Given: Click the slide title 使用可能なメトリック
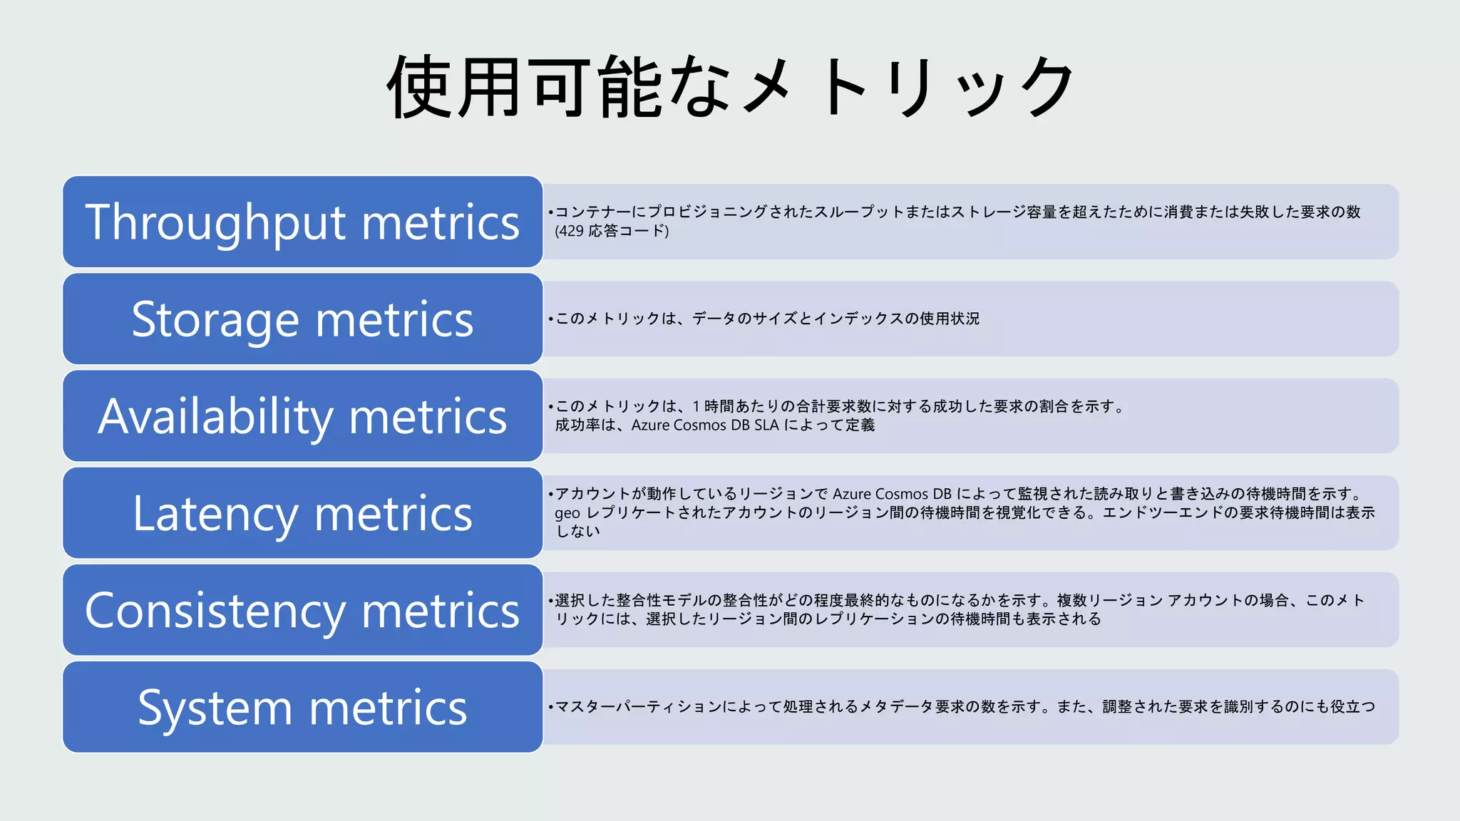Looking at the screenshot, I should [730, 87].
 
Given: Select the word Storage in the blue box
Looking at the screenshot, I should [215, 319].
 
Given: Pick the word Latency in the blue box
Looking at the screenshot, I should [215, 514].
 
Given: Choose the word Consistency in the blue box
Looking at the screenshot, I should [215, 611].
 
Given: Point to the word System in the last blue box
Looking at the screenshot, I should [215, 708].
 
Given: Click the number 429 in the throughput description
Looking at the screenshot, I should [571, 231].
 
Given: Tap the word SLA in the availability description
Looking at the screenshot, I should [766, 425].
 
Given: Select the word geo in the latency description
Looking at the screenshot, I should [567, 513].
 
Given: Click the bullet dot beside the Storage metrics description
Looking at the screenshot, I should [551, 319].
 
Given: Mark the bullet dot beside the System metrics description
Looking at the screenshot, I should [551, 707].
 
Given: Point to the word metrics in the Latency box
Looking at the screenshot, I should [394, 514].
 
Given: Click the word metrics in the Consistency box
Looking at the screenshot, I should [441, 611].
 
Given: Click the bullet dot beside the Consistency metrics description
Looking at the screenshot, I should [551, 601].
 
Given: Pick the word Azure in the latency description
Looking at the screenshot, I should [852, 494].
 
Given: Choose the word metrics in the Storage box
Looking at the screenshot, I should [394, 319].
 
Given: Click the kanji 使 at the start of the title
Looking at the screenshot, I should [421, 87].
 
